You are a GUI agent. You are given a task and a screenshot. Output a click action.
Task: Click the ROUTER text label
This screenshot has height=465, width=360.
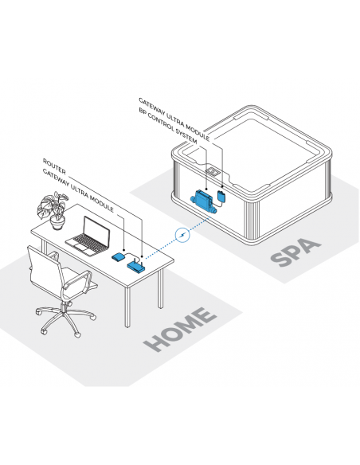(x=54, y=166)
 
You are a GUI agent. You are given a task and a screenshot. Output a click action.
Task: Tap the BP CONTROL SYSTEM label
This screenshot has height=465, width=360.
(x=167, y=126)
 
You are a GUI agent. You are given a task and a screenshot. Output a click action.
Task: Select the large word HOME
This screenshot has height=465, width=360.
(x=180, y=329)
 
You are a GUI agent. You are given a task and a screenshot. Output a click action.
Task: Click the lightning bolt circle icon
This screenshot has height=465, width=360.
(x=182, y=235)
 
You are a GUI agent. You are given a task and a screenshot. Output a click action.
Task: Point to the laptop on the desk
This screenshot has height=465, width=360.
(x=88, y=236)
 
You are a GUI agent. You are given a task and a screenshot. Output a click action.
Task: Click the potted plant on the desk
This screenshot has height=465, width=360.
(x=53, y=210)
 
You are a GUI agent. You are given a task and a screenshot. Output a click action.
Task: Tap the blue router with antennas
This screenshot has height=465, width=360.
(x=136, y=265)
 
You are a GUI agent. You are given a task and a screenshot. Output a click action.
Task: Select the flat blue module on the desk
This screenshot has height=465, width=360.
(x=119, y=256)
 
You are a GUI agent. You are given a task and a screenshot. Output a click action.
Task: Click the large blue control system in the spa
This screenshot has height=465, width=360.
(x=203, y=201)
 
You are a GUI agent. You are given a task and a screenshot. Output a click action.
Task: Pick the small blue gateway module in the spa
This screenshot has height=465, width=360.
(x=222, y=196)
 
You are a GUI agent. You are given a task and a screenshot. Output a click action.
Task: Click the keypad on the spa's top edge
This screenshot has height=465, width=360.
(x=213, y=171)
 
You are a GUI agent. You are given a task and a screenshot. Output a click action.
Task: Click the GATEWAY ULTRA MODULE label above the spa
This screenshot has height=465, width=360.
(x=174, y=119)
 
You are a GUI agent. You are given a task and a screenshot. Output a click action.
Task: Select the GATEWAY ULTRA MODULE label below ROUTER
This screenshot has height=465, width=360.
(x=78, y=190)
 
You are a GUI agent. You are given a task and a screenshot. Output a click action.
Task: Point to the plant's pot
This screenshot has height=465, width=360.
(x=57, y=223)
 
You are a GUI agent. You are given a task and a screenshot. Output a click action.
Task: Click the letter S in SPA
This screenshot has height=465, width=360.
(x=280, y=259)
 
